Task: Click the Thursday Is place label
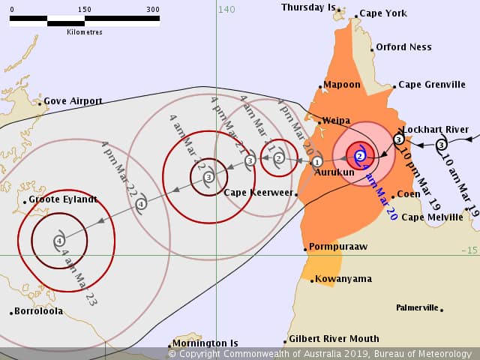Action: (308, 7)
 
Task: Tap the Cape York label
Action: (383, 13)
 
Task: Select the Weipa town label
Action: (337, 120)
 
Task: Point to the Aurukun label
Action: (334, 172)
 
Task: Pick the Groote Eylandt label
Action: (63, 199)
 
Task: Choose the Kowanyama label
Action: (343, 279)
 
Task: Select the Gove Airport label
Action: (73, 101)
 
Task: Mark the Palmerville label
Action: (417, 307)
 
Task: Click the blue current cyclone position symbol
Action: (360, 156)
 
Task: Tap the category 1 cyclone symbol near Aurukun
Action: (317, 161)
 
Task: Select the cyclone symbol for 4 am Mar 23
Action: (59, 241)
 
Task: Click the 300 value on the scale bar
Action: (153, 10)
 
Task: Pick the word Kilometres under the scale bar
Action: (85, 32)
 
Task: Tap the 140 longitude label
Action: (226, 10)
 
